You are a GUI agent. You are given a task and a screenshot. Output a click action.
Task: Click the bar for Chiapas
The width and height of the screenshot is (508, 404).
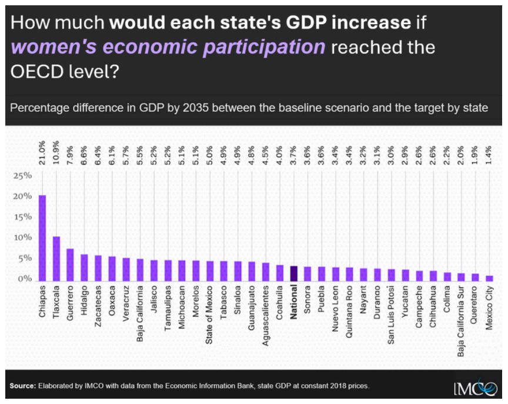(42, 238)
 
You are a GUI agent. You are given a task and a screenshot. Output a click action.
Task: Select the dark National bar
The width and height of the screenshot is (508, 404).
(294, 274)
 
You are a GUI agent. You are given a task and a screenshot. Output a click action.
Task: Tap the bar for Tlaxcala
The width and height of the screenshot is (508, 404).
(56, 259)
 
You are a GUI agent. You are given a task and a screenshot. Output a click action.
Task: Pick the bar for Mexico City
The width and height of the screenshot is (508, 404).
(489, 279)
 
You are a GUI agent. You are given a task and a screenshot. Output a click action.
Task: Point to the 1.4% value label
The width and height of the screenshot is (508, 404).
(489, 158)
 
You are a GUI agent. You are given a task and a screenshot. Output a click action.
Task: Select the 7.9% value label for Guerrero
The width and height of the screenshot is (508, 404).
(71, 158)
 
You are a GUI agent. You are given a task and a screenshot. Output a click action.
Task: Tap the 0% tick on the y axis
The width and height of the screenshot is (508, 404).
(24, 279)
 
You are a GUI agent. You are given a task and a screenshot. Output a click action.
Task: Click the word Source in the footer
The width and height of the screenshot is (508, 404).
(23, 386)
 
